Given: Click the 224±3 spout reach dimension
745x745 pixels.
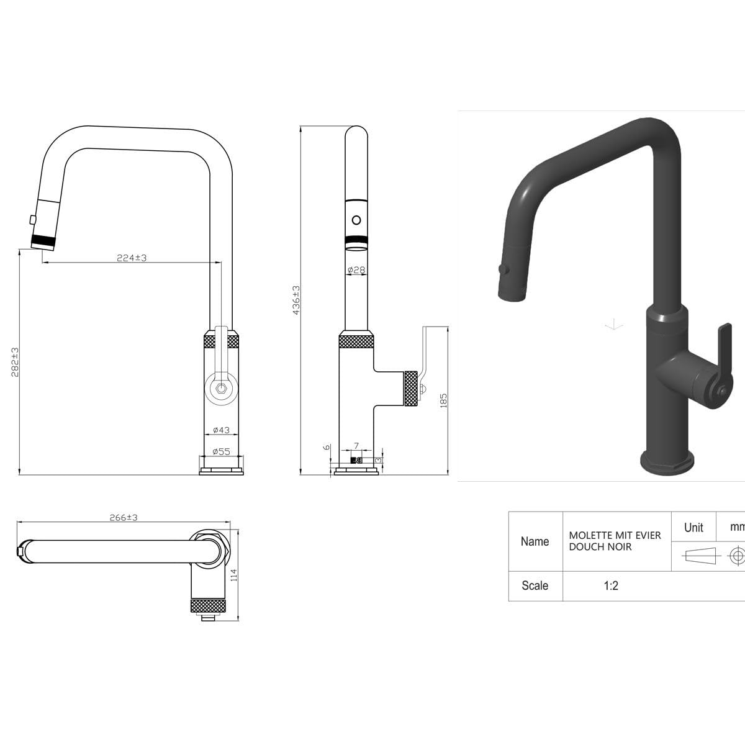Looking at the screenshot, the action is [x=132, y=258].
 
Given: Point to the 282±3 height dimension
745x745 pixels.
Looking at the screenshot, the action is [x=15, y=362].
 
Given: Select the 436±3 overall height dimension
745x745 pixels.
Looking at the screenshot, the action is [x=296, y=300].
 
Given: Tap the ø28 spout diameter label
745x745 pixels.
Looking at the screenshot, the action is [x=356, y=270].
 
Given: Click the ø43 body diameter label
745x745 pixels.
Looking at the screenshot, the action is [x=221, y=430].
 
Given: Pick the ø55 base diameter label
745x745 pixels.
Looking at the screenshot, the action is [x=221, y=451].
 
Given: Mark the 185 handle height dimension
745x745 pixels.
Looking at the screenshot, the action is [x=443, y=400].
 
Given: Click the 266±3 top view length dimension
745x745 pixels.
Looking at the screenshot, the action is [x=124, y=517].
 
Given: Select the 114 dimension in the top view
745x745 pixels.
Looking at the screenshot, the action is [x=233, y=576].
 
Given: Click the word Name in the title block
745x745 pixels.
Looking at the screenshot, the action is [x=535, y=541].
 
